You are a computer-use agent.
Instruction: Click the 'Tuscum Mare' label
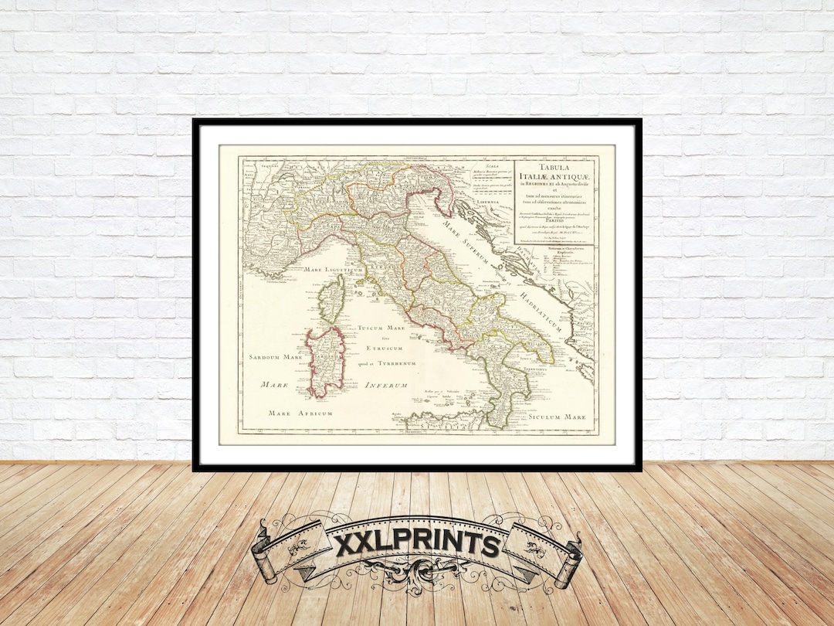pos(381,328)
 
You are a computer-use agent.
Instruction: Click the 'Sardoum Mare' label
pos(275,358)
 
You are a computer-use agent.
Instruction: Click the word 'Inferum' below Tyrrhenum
pos(385,385)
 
